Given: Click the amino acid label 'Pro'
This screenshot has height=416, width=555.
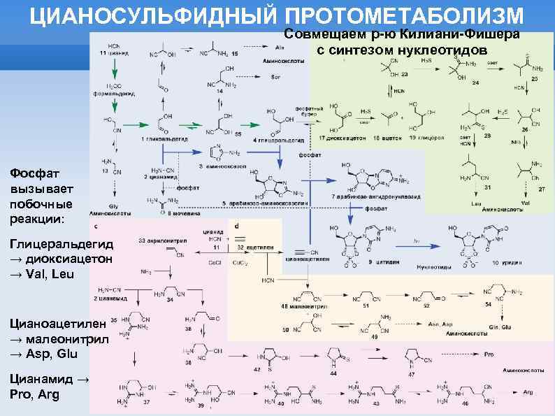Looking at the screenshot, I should click(x=489, y=354).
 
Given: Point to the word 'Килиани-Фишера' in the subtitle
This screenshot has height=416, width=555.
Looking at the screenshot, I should click(x=468, y=35).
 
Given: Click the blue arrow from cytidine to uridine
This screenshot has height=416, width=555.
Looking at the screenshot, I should click(x=418, y=241).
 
